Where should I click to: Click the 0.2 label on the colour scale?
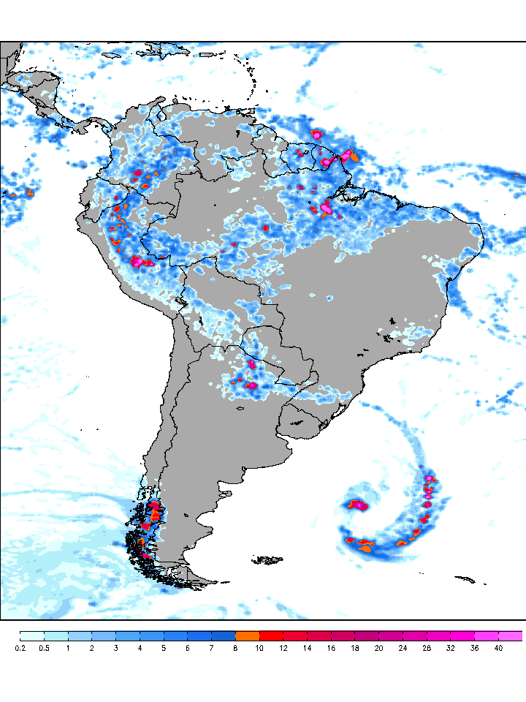coord(20,648)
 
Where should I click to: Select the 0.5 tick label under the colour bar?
coord(44,648)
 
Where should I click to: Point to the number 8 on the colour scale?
coord(235,648)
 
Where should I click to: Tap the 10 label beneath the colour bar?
coord(259,648)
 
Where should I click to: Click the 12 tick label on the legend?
coord(283,648)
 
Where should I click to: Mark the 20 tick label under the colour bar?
coord(379,648)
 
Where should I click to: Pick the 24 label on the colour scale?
coord(403,648)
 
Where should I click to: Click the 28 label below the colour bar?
coord(427,648)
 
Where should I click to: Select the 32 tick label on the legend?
coord(451,648)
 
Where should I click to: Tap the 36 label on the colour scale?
coord(475,648)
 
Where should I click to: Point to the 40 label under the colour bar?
coord(499,648)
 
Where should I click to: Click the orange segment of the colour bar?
coord(248,635)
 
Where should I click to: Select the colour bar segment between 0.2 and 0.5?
coord(32,635)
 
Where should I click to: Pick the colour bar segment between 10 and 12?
coord(272,635)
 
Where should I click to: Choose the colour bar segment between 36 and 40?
coord(487,635)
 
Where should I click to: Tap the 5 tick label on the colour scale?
coord(164,648)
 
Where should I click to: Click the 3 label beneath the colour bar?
coord(115,648)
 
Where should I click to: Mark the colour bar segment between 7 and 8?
coord(224,635)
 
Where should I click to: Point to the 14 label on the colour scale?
coord(308,648)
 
